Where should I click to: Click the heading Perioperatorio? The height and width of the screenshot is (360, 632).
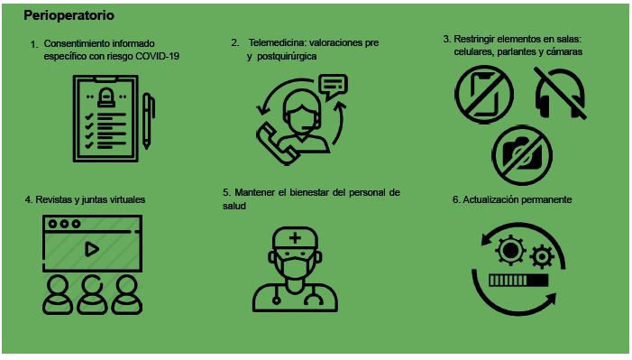click(x=69, y=15)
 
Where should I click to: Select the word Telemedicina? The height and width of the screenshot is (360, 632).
click(x=276, y=42)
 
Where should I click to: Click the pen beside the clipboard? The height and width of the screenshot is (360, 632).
click(x=148, y=121)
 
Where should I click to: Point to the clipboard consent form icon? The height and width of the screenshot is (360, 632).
click(x=105, y=119)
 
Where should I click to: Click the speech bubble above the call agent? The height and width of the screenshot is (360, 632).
click(x=333, y=87)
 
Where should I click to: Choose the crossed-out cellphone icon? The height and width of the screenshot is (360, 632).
click(x=484, y=95)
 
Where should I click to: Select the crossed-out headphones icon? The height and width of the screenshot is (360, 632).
click(x=560, y=93)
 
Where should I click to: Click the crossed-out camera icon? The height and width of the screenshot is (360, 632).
click(x=522, y=155)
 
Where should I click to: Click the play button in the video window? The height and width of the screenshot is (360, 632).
click(x=92, y=249)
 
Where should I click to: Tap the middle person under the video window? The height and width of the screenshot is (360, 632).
click(x=92, y=295)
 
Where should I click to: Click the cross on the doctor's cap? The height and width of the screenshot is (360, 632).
click(x=295, y=237)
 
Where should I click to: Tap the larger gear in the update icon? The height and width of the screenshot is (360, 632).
click(x=510, y=250)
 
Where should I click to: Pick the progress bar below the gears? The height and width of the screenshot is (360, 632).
click(x=518, y=281)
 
